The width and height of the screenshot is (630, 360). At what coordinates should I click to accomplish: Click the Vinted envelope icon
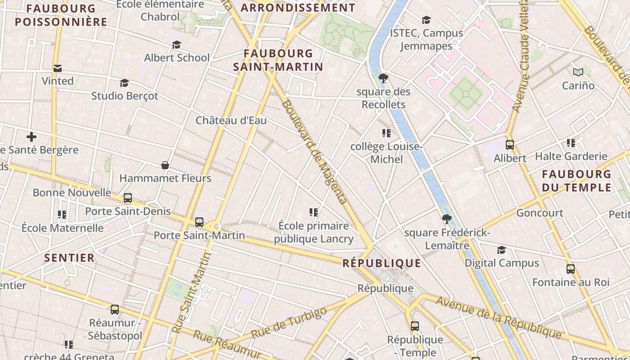[58, 68]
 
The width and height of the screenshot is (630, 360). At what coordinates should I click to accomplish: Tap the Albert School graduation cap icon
[176, 45]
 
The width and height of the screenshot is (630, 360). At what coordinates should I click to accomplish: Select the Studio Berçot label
[125, 96]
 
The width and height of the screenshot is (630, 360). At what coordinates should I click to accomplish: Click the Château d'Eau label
[231, 120]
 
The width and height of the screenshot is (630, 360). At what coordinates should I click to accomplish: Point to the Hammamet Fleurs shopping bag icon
[165, 165]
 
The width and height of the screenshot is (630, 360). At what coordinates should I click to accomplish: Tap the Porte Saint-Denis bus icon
[128, 198]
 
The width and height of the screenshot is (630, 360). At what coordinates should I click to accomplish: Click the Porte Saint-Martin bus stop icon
[199, 222]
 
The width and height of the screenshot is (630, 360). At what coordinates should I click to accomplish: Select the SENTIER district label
[69, 258]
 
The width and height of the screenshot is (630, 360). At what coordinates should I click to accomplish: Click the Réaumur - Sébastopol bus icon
[115, 310]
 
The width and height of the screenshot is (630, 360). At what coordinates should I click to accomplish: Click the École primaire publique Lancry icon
[314, 212]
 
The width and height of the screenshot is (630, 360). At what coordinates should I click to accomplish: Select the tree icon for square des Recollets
[383, 79]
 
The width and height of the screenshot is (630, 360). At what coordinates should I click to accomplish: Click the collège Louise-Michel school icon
[386, 133]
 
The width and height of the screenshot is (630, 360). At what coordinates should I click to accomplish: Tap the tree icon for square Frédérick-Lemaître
[446, 219]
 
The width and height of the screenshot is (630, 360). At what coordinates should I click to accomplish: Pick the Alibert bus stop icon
[510, 145]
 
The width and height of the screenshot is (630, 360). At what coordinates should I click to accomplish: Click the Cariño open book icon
[578, 72]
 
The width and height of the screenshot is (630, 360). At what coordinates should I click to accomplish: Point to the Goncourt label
[540, 213]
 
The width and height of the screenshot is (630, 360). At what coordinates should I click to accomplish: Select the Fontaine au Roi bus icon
[571, 269]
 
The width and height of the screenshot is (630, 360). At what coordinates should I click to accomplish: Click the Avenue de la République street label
[499, 318]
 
